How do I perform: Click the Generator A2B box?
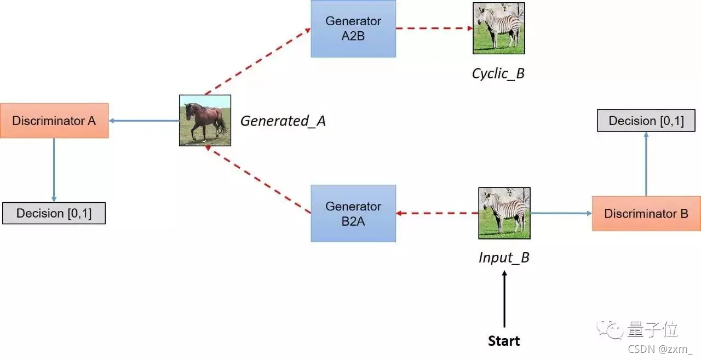[x=353, y=28]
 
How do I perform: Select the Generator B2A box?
[x=353, y=214]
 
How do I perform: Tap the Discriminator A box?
[x=54, y=121]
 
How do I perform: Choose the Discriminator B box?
[x=646, y=214]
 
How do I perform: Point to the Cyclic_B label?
[x=498, y=74]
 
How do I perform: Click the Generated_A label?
[x=283, y=121]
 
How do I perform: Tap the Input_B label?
[x=504, y=258]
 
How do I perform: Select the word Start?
[x=504, y=341]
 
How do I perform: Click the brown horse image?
[x=205, y=121]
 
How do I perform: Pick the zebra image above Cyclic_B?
[x=499, y=28]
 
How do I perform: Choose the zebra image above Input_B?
[x=504, y=213]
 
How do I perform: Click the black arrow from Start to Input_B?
[x=504, y=299]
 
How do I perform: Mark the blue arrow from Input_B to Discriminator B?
[x=561, y=213]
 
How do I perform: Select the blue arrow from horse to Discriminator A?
[x=144, y=121]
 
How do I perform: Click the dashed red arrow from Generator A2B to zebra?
[x=434, y=28]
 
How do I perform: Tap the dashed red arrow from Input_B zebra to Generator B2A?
[x=437, y=213]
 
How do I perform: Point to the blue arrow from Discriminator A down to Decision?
[x=54, y=170]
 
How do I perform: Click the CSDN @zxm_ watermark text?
[x=660, y=349]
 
